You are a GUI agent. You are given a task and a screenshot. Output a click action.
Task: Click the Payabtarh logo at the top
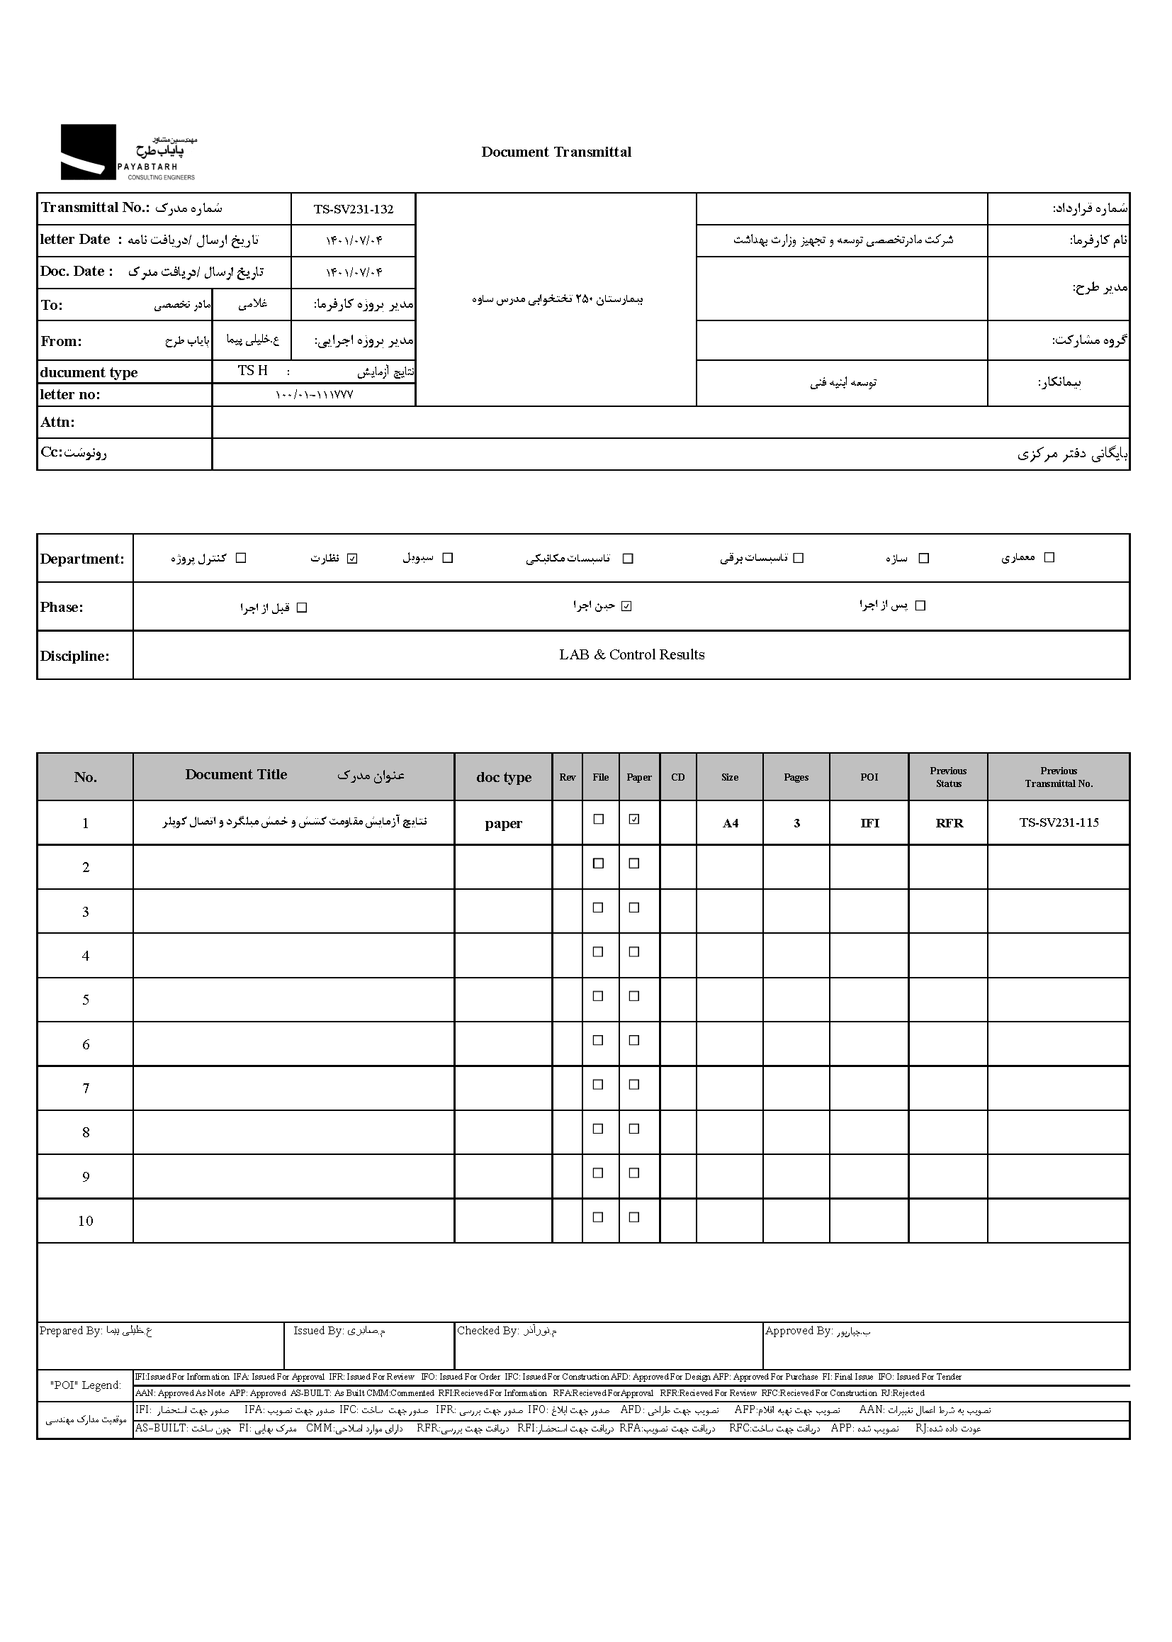[x=128, y=152]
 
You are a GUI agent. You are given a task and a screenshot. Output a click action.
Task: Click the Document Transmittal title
[x=556, y=152]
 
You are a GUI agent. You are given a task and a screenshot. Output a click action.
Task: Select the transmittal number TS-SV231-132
[x=353, y=209]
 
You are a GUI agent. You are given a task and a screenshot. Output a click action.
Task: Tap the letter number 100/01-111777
[x=314, y=395]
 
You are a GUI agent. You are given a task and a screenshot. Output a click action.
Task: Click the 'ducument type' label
[x=89, y=373]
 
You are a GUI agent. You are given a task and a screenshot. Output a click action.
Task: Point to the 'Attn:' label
[x=57, y=423]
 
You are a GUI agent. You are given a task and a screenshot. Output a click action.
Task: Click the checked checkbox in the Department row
[x=352, y=558]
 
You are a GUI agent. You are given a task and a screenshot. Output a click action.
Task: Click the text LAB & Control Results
[x=631, y=655]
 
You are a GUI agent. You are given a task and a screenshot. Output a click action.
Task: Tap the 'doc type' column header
[x=504, y=777]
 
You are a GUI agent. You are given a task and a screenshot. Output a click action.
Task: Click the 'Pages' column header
[x=796, y=777]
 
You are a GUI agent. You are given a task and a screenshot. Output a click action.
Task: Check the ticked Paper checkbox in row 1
[x=634, y=819]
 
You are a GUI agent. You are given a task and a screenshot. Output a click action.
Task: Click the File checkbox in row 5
[x=598, y=995]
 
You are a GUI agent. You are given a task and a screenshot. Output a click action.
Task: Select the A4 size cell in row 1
[x=731, y=823]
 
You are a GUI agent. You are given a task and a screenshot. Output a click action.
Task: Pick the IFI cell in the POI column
[x=869, y=823]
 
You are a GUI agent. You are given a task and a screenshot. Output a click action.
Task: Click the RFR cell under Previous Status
[x=949, y=823]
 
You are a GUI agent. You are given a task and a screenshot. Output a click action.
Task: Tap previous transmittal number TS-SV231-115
[x=1059, y=822]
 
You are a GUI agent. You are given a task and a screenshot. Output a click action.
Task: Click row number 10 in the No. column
[x=86, y=1221]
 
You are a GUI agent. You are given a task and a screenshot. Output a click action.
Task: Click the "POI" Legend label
[x=85, y=1385]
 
